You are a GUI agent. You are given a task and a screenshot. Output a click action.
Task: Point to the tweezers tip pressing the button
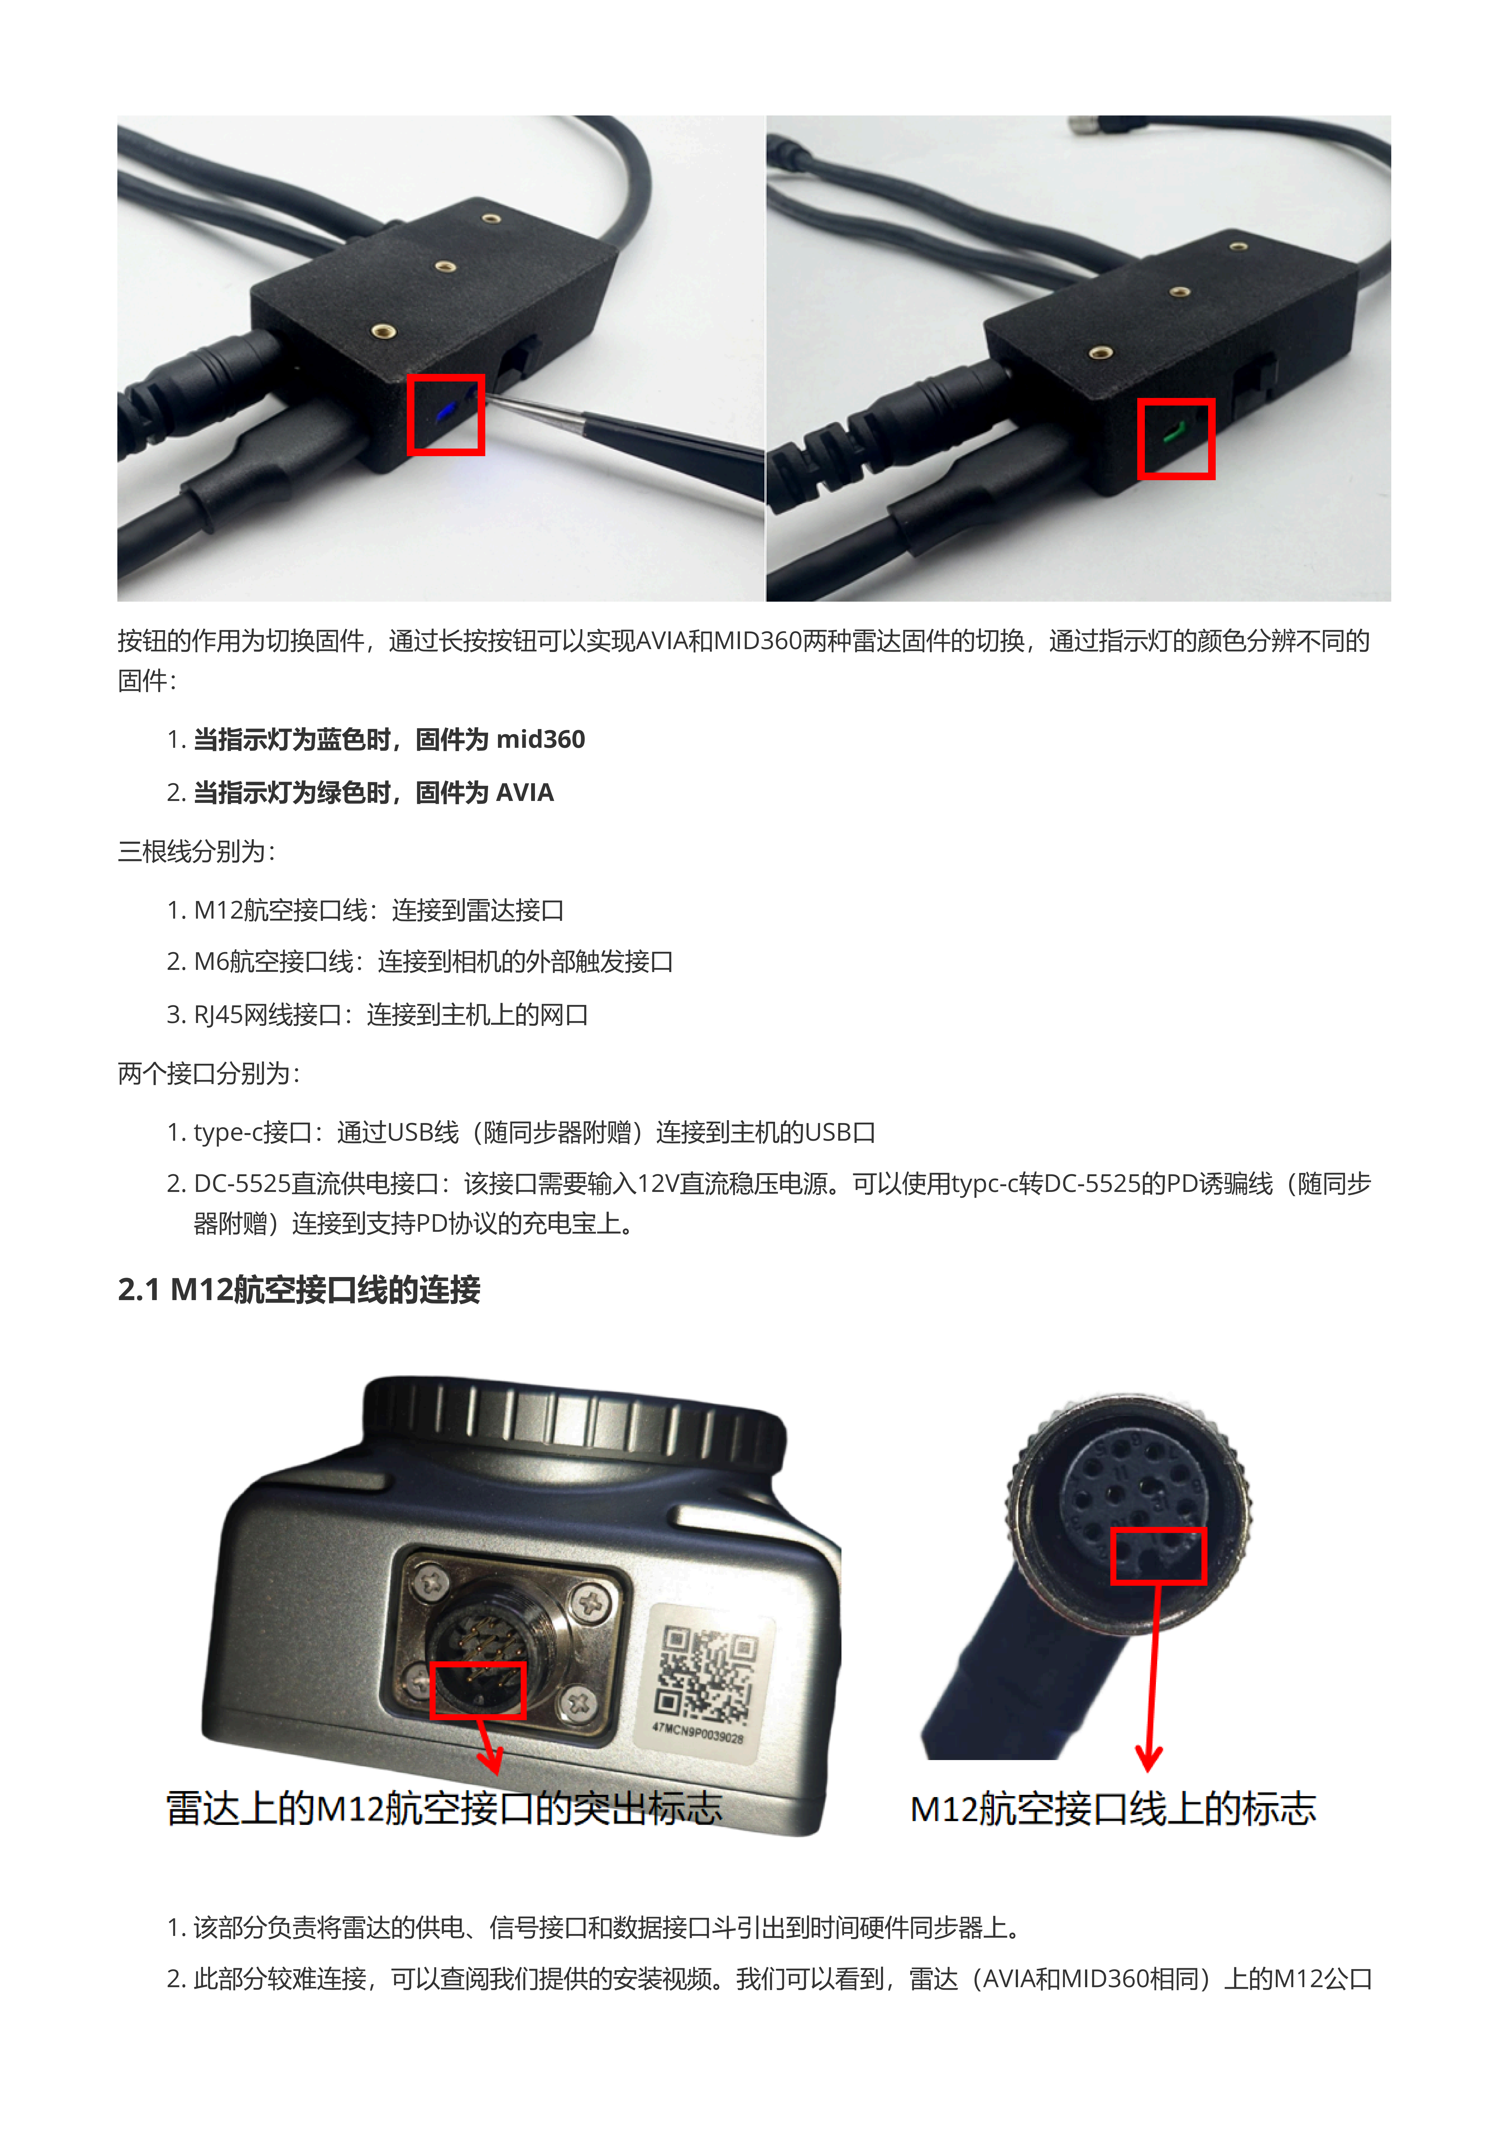coord(490,398)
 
